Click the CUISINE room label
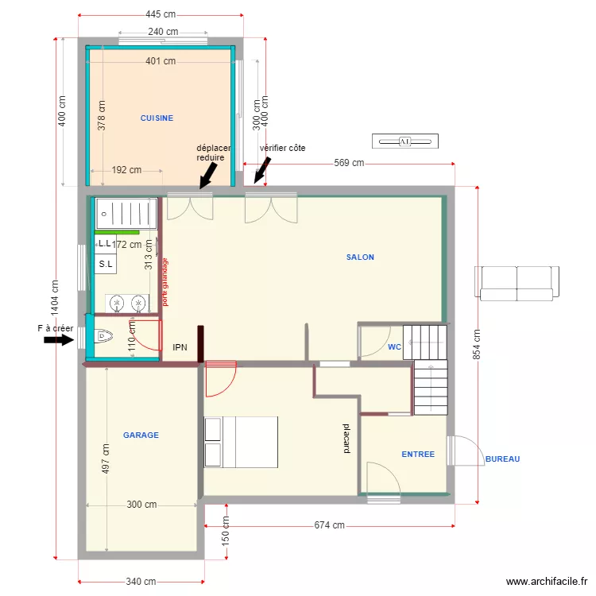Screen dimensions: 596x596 (x=157, y=118)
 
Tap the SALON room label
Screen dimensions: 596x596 (x=360, y=257)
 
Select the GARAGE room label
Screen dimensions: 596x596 (x=141, y=435)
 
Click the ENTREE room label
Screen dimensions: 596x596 (x=418, y=455)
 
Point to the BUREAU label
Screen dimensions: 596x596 (x=502, y=459)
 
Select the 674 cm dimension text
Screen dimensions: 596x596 (x=329, y=525)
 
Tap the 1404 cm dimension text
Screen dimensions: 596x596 (x=56, y=296)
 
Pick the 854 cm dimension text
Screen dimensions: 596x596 (x=476, y=345)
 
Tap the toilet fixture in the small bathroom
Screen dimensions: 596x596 (x=105, y=337)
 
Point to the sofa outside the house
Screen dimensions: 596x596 (x=516, y=284)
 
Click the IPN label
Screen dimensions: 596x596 (x=180, y=347)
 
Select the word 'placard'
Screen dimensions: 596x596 (x=346, y=438)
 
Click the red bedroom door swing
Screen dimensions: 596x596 (x=219, y=379)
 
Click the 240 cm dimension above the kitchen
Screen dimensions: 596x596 (x=162, y=32)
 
